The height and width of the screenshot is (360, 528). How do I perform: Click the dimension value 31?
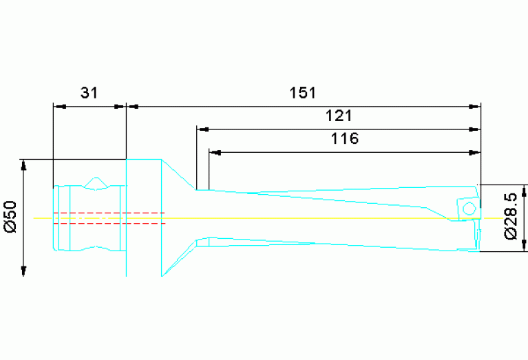89,93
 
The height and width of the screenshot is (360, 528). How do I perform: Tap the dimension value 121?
339,115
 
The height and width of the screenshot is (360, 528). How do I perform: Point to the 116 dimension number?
344,138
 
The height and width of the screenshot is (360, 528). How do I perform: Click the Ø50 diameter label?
10,218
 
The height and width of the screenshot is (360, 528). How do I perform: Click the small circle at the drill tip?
469,208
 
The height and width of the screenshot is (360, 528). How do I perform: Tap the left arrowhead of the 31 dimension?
59,107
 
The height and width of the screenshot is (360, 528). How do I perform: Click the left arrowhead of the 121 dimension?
202,129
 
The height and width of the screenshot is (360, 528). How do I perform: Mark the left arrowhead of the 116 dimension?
214,151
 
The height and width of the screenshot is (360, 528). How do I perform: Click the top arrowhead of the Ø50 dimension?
24,165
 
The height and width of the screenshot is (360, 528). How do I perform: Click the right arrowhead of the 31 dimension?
120,107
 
